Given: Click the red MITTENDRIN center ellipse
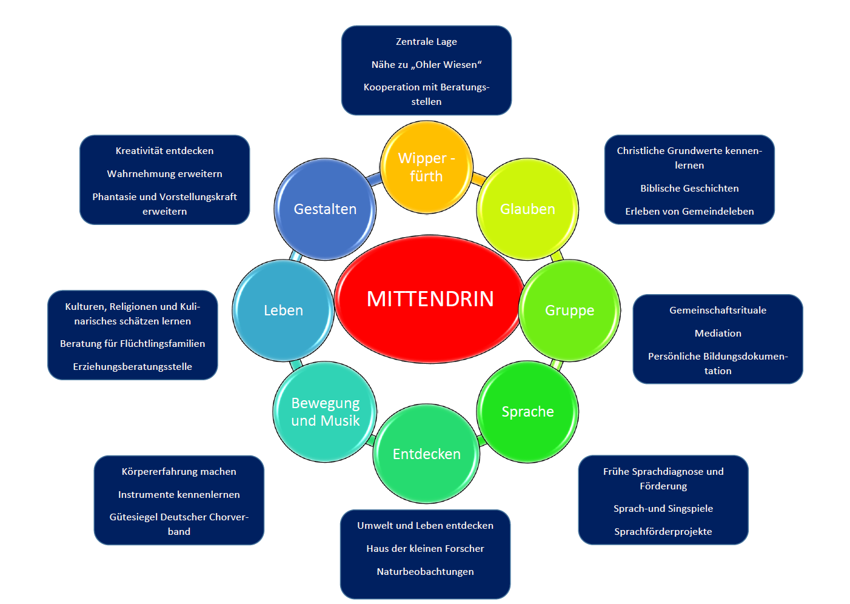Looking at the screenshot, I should click(429, 299).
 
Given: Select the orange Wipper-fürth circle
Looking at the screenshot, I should click(426, 167).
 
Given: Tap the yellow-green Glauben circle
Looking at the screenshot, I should click(527, 209).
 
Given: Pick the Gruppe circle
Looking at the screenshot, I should click(569, 310).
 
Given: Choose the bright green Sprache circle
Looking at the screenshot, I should click(527, 412).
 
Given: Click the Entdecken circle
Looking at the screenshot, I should click(426, 454).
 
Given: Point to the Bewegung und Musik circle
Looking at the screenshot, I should click(325, 412).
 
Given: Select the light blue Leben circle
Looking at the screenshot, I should click(283, 310).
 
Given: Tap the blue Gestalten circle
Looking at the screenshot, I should click(325, 209).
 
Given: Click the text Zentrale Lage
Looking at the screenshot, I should click(426, 42).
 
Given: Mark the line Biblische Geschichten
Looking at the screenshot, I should click(689, 189).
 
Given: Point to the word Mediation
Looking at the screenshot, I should click(718, 334).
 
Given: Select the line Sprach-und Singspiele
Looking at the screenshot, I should click(663, 509).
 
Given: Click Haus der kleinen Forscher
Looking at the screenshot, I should click(425, 549).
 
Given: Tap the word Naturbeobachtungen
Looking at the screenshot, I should click(425, 572).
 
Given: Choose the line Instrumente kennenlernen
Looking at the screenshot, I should click(179, 495).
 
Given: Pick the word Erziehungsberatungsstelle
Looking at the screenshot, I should click(132, 367).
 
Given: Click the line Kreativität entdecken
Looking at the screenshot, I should click(164, 151).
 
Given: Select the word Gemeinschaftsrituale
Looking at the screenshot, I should click(718, 310).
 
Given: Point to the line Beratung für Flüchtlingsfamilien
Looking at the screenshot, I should click(132, 344).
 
